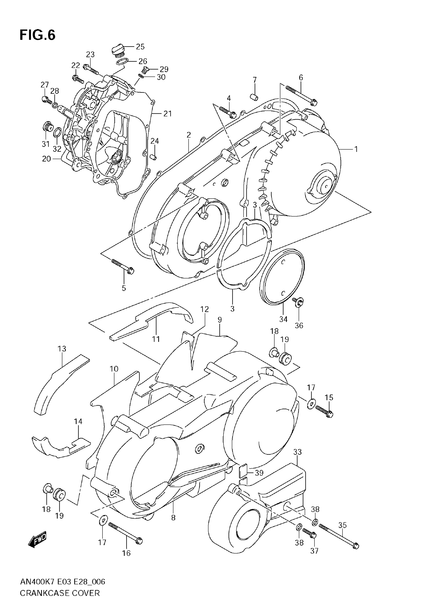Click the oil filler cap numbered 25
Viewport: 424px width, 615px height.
118,50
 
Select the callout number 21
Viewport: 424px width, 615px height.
167,114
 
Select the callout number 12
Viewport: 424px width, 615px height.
205,309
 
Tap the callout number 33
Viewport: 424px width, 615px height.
298,452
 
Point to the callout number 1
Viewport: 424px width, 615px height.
356,149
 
